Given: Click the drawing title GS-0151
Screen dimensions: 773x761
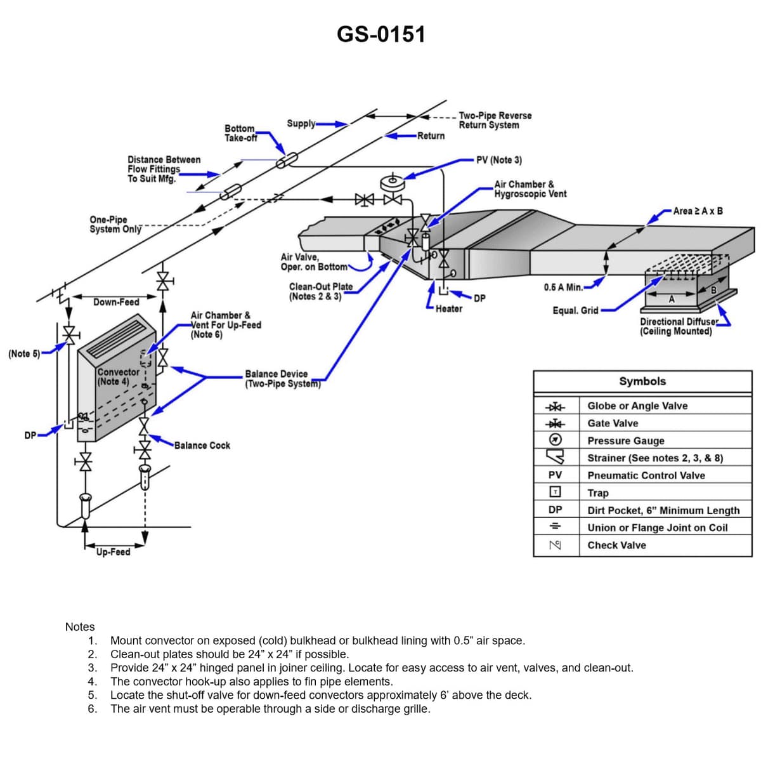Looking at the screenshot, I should click(380, 34).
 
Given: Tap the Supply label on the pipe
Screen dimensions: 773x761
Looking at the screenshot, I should click(301, 123).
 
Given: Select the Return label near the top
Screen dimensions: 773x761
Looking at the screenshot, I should click(431, 136).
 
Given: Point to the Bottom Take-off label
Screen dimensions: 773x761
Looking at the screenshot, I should click(240, 133).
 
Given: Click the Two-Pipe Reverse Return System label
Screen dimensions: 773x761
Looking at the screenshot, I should click(495, 120).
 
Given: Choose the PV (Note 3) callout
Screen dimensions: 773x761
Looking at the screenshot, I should click(499, 160).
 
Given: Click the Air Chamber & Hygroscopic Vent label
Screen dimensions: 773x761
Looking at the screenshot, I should click(530, 189).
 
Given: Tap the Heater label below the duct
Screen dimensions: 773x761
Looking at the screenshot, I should click(448, 309).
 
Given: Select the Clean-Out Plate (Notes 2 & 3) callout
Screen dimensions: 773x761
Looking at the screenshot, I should click(320, 291).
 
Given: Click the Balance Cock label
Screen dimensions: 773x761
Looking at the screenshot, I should click(202, 446).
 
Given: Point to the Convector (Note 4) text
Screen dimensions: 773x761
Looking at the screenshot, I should click(118, 376).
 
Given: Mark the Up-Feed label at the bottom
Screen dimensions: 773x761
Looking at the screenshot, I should click(113, 552).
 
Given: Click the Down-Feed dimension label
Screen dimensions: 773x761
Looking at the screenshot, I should click(115, 302).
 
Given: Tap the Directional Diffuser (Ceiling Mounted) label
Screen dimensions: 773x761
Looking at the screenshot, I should click(678, 326).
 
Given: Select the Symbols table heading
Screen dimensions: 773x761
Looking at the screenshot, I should click(642, 381).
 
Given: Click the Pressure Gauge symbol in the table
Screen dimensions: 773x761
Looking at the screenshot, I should click(555, 440).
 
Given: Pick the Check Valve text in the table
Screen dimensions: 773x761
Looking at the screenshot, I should click(616, 545).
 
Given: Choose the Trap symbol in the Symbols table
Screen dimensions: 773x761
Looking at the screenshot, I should click(555, 492).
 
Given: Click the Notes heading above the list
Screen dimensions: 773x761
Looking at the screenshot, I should click(80, 627).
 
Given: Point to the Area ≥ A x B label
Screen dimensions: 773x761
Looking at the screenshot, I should click(698, 211).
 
